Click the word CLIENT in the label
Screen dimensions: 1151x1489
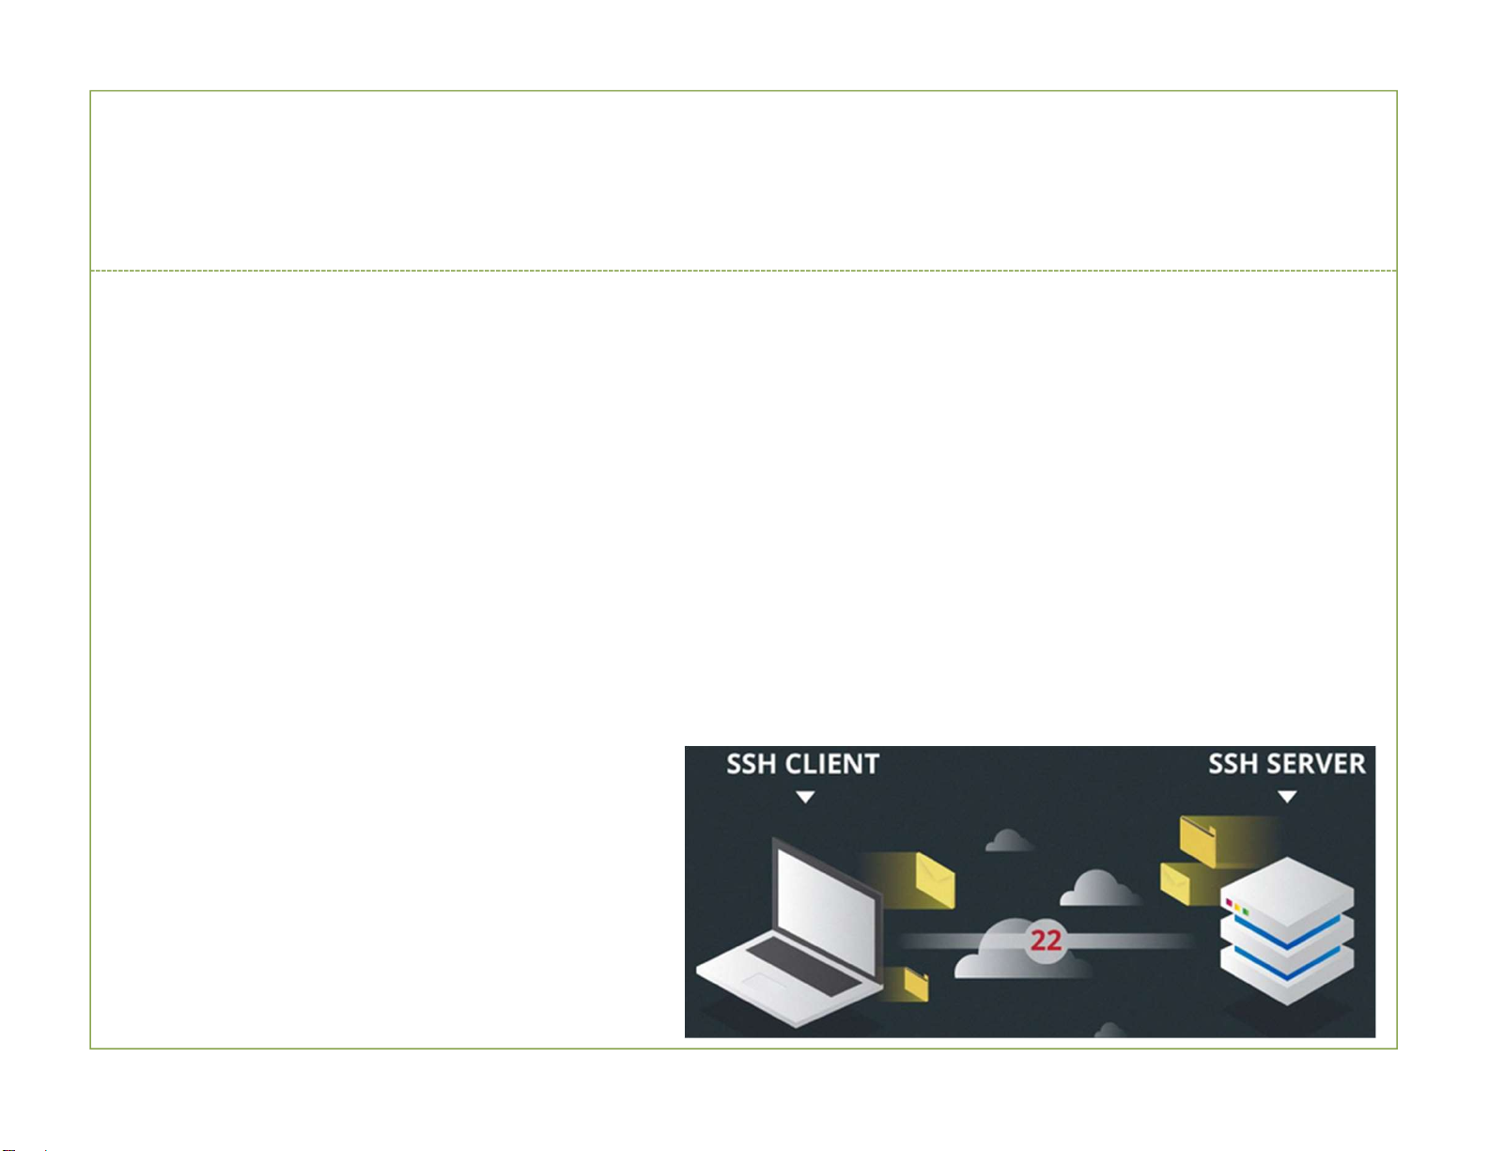pyautogui.click(x=832, y=764)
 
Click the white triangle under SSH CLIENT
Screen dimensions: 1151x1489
pyautogui.click(x=805, y=798)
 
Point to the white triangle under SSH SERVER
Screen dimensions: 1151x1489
pyautogui.click(x=1287, y=798)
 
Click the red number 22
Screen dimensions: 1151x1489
pyautogui.click(x=1046, y=941)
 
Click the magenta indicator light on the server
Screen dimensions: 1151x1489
pyautogui.click(x=1229, y=903)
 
